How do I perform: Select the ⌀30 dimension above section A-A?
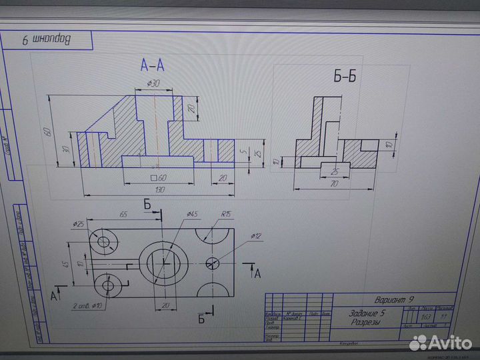[153, 83]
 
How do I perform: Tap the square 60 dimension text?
[157, 177]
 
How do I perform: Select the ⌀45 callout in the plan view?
[190, 214]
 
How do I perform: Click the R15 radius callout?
[227, 215]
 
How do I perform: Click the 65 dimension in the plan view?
[123, 215]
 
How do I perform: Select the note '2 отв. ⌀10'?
[85, 307]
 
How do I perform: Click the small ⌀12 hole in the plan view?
[213, 262]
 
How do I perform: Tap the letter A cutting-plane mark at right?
[257, 274]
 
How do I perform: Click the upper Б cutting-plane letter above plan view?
[147, 205]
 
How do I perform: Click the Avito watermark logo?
[439, 342]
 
